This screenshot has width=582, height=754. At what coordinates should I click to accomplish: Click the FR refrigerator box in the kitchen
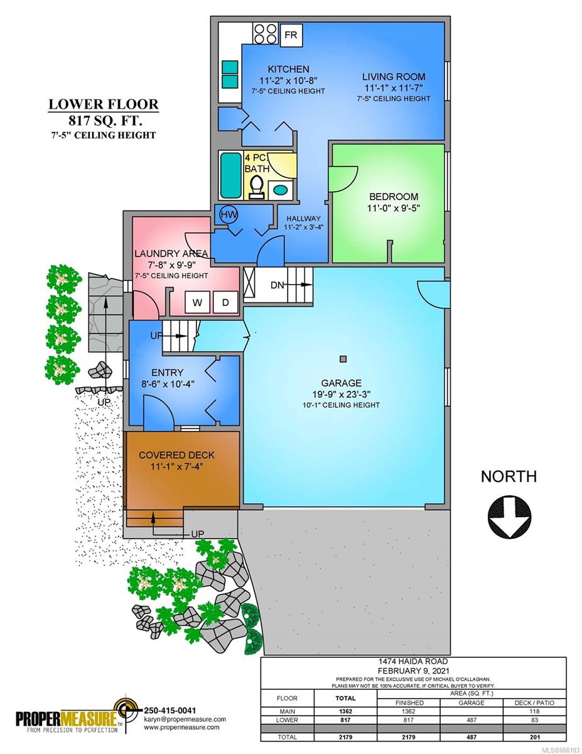291,35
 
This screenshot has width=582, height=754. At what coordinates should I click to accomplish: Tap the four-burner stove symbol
265,33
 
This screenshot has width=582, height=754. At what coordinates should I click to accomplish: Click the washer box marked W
197,302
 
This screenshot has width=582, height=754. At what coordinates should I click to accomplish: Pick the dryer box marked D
225,302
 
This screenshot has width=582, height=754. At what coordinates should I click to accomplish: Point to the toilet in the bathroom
257,187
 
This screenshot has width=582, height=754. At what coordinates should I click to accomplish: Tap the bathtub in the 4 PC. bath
231,175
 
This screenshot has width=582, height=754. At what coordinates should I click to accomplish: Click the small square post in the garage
343,359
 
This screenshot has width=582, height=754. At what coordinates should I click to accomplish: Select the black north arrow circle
509,516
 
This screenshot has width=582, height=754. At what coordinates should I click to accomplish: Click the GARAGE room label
341,383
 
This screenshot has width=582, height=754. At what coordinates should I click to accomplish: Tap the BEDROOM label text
394,197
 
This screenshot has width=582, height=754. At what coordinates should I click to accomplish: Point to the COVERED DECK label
176,455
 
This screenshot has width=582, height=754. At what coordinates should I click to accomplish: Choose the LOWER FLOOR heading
104,104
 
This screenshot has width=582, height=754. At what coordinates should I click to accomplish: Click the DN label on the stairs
277,285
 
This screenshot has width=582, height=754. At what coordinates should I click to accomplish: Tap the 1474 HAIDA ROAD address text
413,662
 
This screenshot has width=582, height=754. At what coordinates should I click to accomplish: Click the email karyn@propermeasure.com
185,719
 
